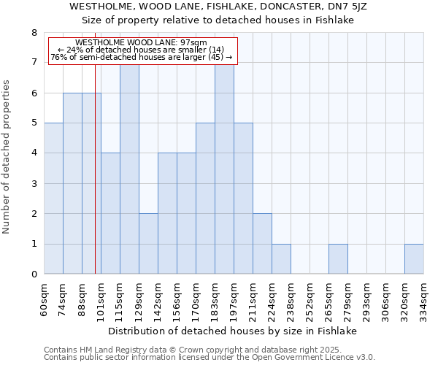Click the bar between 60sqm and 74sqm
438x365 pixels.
pos(53,199)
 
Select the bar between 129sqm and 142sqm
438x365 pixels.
pos(148,244)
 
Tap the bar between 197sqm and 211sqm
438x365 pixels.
pos(243,199)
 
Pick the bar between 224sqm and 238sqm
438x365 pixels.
pos(281,259)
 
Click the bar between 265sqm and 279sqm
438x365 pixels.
pos(338,259)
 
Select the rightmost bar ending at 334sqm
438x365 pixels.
pos(414,259)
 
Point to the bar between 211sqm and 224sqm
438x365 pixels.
pos(262,244)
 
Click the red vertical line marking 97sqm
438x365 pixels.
pos(95,182)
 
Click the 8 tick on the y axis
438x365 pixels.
pos(34,33)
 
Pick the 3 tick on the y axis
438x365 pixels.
pos(34,184)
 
